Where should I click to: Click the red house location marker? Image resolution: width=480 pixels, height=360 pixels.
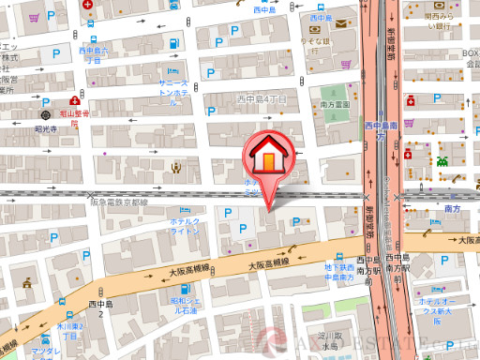point(267,157)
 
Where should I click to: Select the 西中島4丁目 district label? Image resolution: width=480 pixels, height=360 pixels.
point(261,97)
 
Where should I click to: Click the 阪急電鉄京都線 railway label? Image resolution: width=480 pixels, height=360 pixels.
point(119,202)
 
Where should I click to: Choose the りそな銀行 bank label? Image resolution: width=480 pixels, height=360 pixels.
point(315,42)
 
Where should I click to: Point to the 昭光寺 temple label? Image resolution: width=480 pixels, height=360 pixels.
point(47,129)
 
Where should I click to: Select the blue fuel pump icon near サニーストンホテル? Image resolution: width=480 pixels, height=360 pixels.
point(172,71)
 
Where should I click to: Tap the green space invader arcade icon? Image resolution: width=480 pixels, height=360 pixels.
point(441,160)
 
